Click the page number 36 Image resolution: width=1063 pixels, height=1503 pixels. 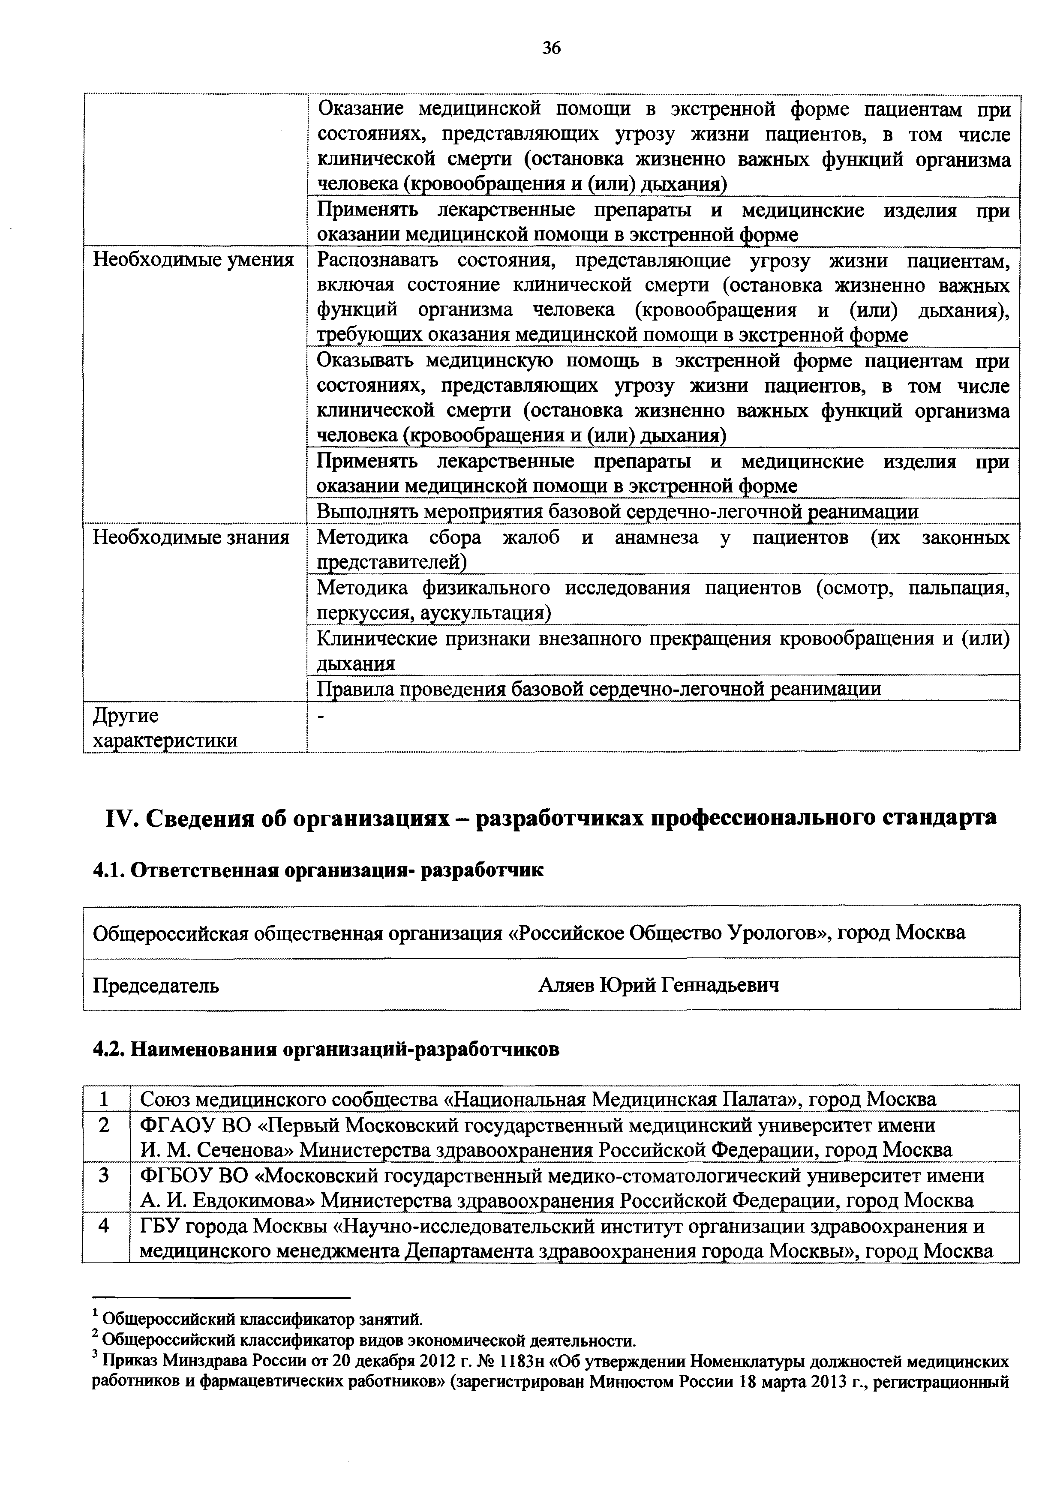[x=551, y=48]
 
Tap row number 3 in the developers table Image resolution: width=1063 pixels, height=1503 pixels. [x=105, y=1176]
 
